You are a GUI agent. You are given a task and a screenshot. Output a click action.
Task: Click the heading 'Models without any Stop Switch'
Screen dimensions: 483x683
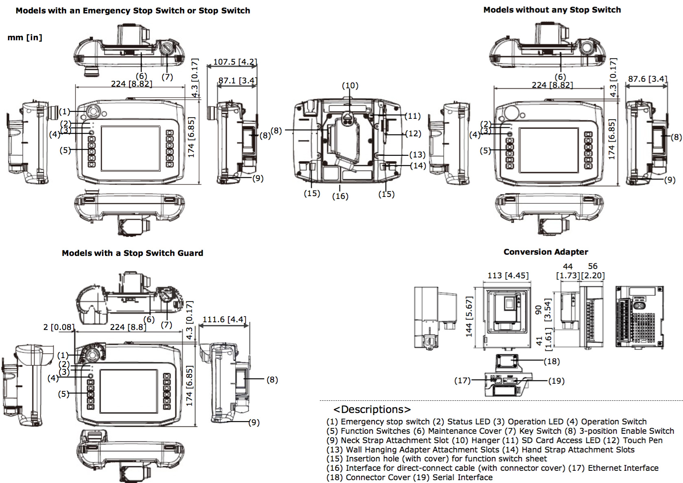[552, 10]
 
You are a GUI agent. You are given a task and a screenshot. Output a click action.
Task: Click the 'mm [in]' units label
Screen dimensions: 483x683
[25, 37]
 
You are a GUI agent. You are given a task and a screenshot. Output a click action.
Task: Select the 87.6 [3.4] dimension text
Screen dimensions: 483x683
[647, 79]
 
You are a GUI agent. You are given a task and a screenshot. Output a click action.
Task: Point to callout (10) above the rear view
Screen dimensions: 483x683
[350, 85]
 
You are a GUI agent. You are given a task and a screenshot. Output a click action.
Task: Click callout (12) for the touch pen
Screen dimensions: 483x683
[413, 133]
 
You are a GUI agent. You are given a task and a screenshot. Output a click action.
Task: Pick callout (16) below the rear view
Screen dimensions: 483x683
[340, 196]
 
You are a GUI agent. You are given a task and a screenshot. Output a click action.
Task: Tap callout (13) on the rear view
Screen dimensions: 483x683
[417, 155]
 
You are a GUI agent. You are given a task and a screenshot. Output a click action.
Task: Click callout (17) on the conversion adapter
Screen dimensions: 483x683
[462, 380]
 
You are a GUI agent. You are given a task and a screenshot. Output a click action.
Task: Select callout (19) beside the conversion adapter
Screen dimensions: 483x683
[556, 381]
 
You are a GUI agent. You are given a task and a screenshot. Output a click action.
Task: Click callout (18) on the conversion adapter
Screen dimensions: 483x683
[552, 361]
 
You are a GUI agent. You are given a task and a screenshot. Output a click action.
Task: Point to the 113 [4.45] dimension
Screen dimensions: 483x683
[508, 275]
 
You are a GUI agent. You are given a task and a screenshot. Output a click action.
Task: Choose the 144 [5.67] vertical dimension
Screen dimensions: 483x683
[469, 316]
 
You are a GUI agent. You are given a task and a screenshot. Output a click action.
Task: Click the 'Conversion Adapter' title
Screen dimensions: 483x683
[545, 252]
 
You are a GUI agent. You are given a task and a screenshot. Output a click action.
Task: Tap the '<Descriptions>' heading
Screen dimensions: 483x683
[372, 409]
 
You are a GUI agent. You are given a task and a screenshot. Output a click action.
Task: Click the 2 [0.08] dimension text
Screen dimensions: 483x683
[59, 327]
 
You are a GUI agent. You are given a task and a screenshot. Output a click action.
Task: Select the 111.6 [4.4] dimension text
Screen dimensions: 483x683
[224, 319]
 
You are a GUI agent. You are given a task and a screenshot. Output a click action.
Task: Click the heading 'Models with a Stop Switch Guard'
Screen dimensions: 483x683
[132, 253]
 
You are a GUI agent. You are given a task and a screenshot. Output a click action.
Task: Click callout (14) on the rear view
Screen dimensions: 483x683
[418, 166]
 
